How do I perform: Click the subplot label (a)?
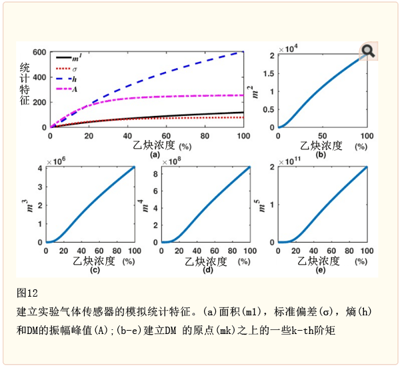click(x=155, y=155)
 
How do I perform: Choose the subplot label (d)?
click(x=208, y=270)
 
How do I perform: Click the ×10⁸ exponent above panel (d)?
click(x=173, y=161)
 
